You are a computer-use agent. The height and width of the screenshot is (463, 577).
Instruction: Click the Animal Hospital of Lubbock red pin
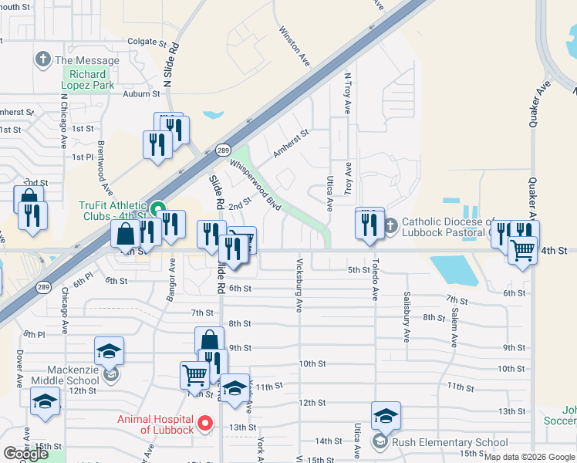204,423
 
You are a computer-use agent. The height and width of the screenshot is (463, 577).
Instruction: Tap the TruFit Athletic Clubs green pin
158,208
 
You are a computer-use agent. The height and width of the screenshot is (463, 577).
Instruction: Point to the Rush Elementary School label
450,442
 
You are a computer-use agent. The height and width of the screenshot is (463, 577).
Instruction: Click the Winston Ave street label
294,47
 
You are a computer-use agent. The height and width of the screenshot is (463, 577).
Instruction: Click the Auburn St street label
141,94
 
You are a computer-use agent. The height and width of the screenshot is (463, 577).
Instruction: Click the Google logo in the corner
25,454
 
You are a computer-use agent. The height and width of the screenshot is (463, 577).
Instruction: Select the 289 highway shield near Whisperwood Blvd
222,150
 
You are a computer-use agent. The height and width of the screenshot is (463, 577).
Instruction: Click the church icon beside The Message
42,59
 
